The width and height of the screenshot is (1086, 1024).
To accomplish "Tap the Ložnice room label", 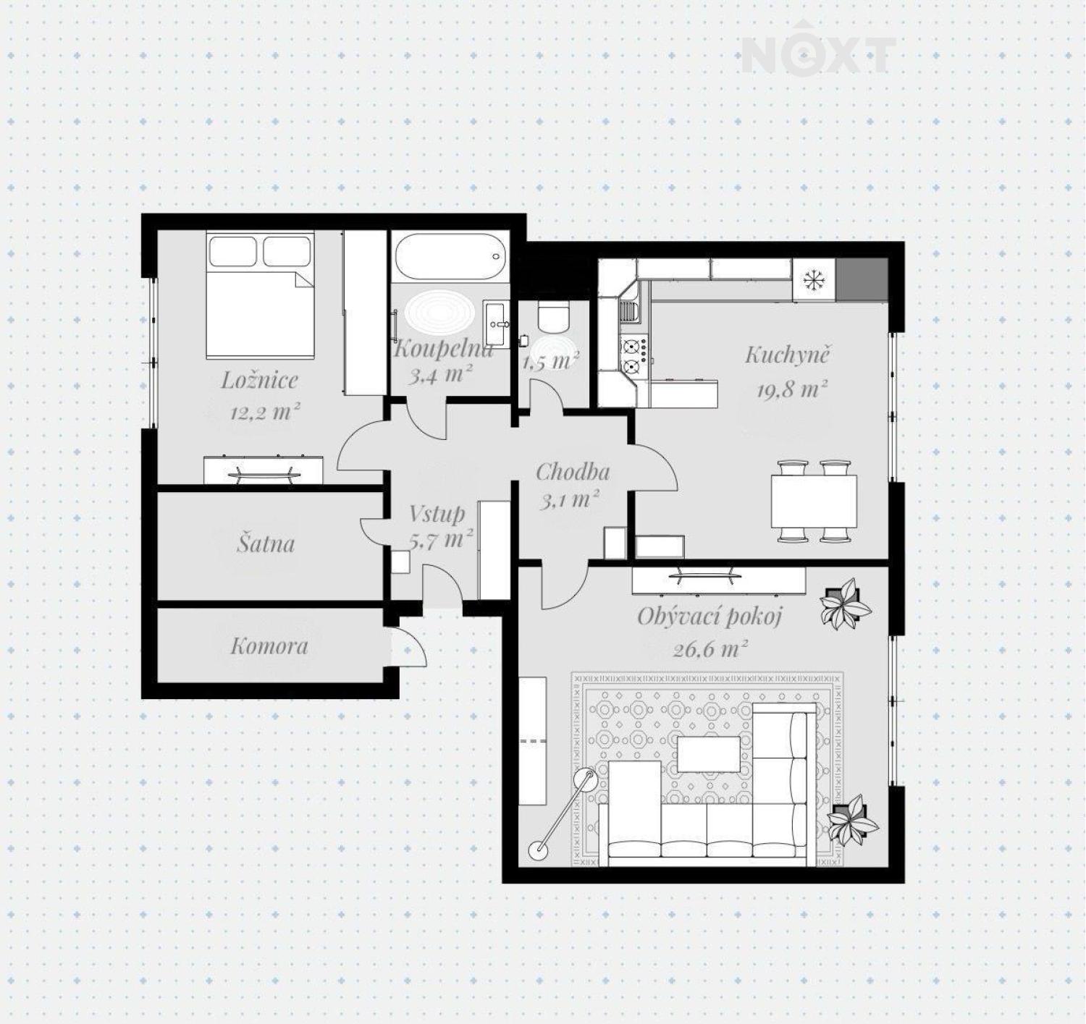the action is (x=259, y=380).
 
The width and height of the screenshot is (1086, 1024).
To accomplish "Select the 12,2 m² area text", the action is (x=265, y=411).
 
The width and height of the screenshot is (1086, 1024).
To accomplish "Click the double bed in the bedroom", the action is (x=260, y=295).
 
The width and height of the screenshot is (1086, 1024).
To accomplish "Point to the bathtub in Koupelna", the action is (x=450, y=257).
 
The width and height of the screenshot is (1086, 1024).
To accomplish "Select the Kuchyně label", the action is (x=788, y=356).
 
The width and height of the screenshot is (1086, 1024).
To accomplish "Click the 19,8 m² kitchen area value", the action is (x=791, y=390).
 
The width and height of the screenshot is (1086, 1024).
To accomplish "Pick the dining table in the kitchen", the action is (x=814, y=501).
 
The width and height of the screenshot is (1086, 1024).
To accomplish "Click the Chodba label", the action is (x=573, y=471).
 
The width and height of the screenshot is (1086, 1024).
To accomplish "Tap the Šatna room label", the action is (x=266, y=543).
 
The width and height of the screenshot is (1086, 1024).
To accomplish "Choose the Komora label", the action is (x=269, y=646).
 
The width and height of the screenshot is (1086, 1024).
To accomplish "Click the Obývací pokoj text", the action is (x=710, y=617).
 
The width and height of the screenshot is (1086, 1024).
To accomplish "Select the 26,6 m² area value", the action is (x=710, y=650).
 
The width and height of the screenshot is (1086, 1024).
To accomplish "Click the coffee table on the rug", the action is (x=709, y=754).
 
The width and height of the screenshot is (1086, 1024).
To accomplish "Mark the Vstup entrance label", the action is (x=437, y=513).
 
